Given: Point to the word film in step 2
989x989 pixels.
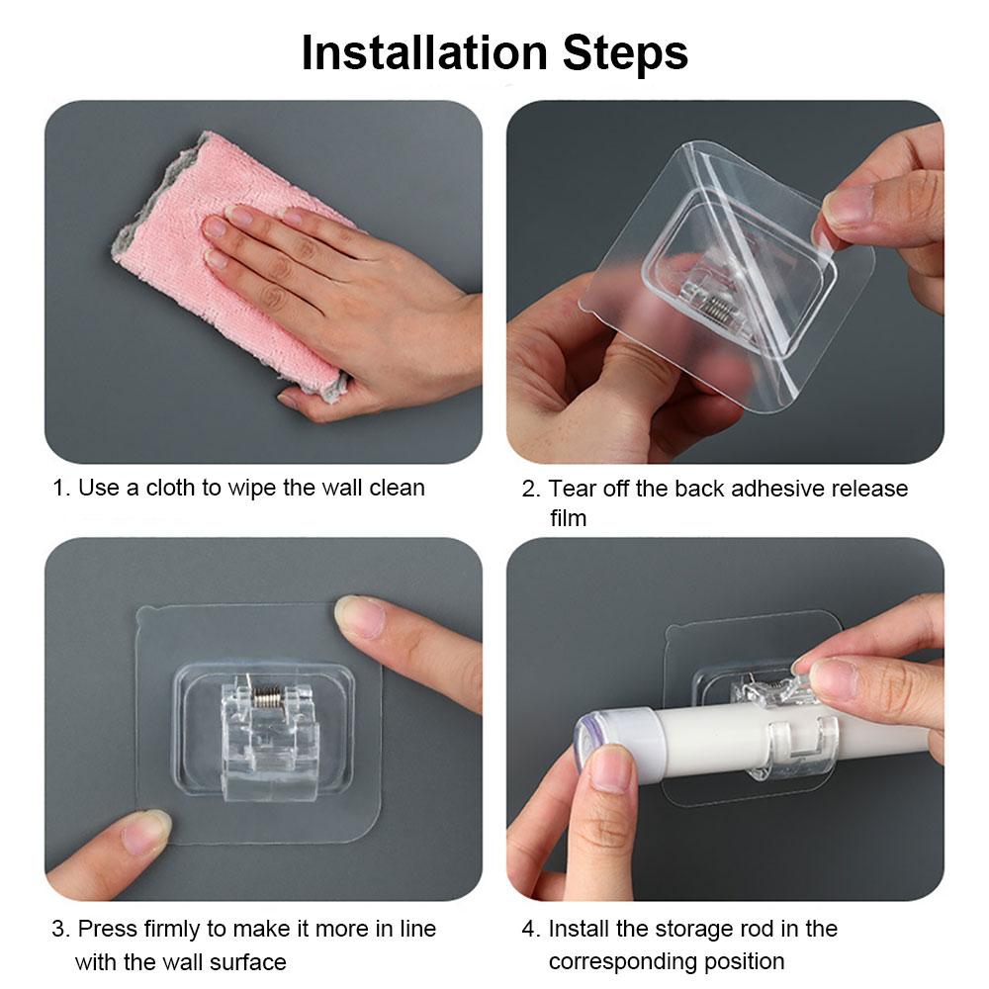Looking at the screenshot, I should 568,517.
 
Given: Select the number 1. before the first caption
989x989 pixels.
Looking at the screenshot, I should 61,488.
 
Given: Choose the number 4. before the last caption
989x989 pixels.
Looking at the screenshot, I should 530,929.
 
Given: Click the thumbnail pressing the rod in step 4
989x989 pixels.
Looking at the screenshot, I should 612,767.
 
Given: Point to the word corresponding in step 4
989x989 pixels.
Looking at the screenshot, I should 629,960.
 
